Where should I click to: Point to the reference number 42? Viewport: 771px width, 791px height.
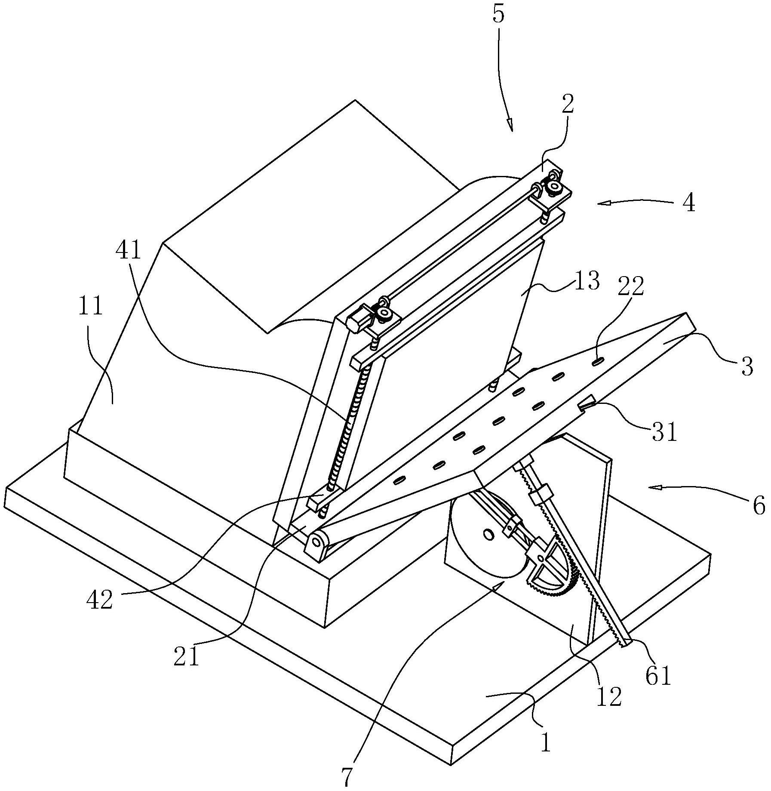pos(99,600)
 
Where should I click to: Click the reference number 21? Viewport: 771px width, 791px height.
pos(187,656)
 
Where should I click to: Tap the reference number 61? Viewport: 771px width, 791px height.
pos(658,676)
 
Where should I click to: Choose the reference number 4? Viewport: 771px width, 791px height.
pos(689,203)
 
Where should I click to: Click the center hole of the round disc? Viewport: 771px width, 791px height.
pos(488,535)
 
